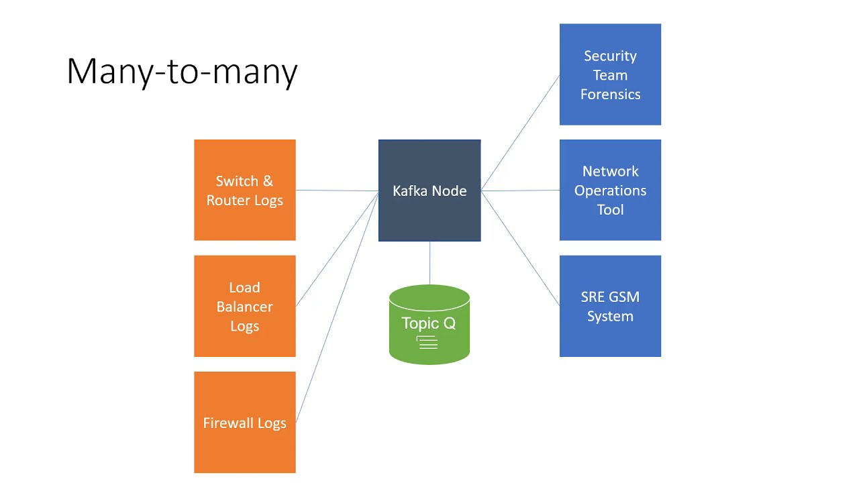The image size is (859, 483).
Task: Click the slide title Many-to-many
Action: coord(182,71)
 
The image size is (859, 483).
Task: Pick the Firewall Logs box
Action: coord(244,443)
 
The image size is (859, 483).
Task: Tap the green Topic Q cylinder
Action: coord(429,309)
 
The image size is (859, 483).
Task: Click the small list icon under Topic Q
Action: coord(427,343)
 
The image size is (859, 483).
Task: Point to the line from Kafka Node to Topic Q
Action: coord(429,263)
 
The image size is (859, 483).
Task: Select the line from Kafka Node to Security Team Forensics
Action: coord(520,133)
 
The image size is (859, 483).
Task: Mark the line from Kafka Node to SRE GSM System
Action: coord(520,248)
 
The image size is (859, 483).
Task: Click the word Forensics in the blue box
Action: coord(610,95)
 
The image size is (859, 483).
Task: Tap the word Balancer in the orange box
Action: coord(244,307)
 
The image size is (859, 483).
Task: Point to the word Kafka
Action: coord(408,191)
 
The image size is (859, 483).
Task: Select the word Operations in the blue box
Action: coord(610,191)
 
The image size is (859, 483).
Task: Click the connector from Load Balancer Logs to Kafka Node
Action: coord(337,248)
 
